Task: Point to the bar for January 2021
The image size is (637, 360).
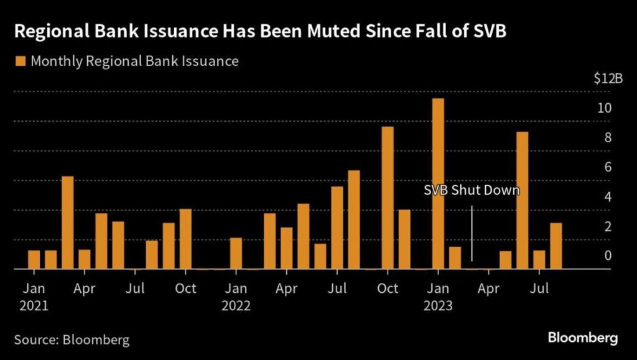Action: click(x=34, y=259)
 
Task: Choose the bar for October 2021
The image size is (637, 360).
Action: click(x=185, y=239)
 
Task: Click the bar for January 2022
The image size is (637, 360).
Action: click(x=236, y=253)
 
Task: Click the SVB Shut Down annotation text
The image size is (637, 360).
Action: click(x=471, y=190)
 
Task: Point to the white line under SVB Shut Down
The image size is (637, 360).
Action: click(x=472, y=233)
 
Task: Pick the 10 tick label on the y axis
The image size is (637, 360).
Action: click(x=605, y=108)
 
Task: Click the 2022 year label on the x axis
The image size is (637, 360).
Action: click(x=236, y=306)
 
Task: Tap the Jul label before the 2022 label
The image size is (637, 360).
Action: click(x=135, y=288)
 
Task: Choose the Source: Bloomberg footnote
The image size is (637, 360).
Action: click(x=72, y=339)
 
